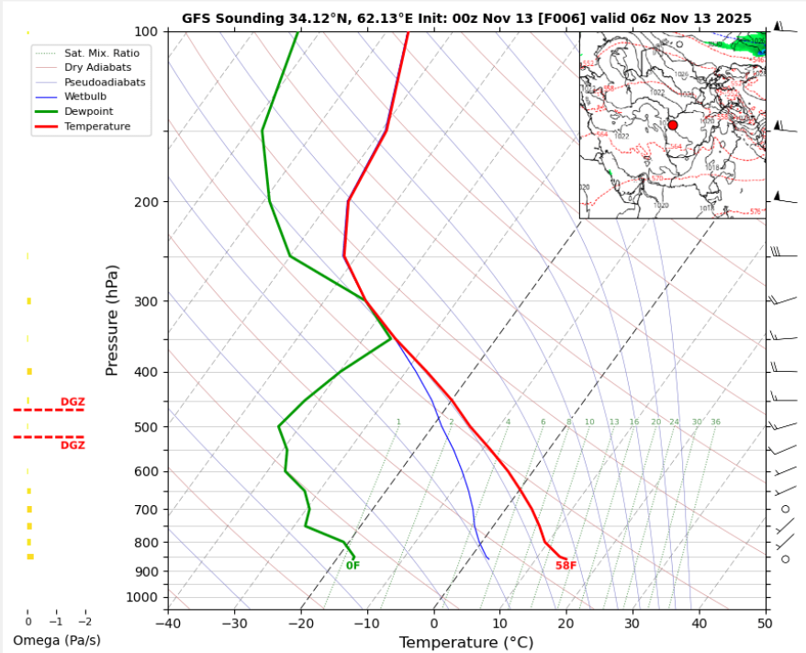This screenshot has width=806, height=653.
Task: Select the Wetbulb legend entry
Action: click(x=84, y=96)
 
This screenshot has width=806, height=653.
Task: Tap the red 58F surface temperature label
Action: click(x=565, y=566)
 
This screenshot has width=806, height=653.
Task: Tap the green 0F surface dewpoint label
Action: click(x=353, y=566)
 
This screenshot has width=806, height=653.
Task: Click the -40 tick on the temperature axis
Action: click(x=168, y=622)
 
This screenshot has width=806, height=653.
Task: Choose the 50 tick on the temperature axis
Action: click(x=765, y=622)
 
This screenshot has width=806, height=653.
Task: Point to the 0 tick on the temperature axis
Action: click(x=433, y=622)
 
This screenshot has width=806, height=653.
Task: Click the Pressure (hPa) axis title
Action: click(x=112, y=320)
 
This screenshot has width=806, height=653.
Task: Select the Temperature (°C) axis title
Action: click(x=466, y=642)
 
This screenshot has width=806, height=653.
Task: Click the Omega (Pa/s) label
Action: click(x=57, y=640)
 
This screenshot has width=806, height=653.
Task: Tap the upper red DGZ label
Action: click(x=73, y=401)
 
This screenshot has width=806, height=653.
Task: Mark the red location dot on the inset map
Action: click(x=672, y=125)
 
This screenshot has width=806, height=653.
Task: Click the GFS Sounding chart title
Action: click(x=466, y=18)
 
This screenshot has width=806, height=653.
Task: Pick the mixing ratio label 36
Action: click(x=715, y=422)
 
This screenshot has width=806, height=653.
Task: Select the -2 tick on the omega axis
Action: click(x=85, y=621)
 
